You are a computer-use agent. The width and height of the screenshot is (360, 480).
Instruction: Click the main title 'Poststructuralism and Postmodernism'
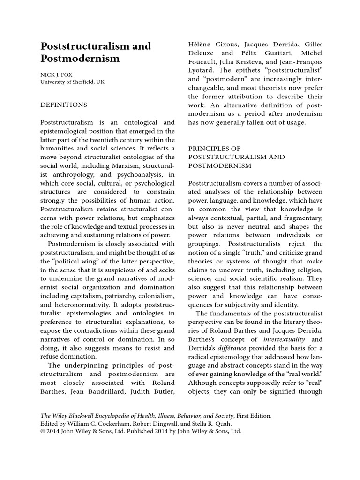pyautogui.click(x=96, y=52)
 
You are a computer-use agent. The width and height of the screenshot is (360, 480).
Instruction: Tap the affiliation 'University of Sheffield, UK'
pyautogui.click(x=73, y=82)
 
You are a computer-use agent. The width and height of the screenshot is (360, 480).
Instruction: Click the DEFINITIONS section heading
pyautogui.click(x=64, y=105)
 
